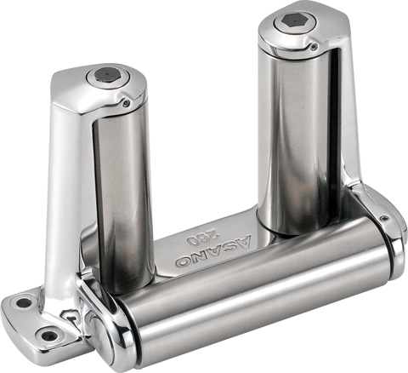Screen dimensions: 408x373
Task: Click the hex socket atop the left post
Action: (105, 75)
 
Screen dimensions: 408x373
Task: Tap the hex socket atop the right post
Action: (292, 20)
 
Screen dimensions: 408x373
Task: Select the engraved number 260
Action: (200, 238)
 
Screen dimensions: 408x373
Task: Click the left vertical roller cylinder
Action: (123, 198)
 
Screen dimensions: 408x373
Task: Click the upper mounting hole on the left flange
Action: (24, 303)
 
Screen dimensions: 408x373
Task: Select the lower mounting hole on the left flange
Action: (49, 336)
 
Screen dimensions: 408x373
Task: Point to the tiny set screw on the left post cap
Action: (126, 104)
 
